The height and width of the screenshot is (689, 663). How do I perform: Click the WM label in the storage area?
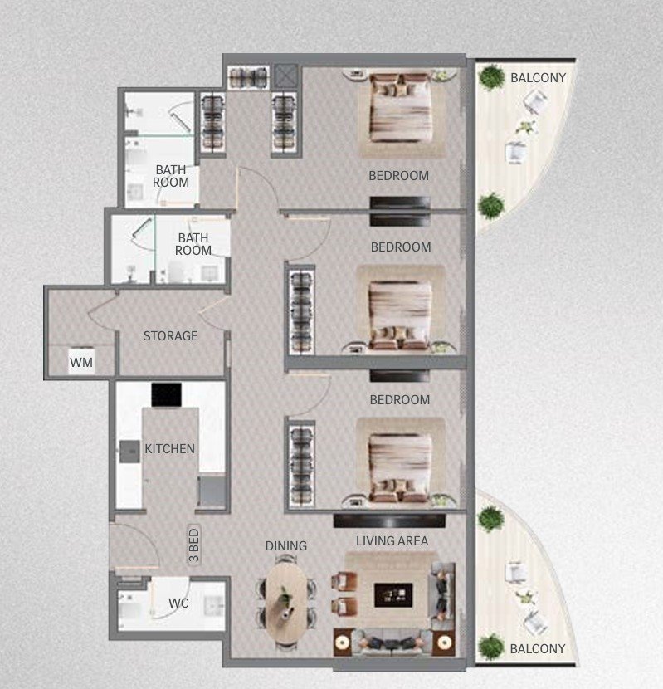point(80,362)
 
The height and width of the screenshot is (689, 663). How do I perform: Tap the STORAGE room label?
point(170,336)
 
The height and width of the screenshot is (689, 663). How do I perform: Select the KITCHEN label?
point(169,449)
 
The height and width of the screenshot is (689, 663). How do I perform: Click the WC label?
point(179,603)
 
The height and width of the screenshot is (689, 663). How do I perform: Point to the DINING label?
point(286,545)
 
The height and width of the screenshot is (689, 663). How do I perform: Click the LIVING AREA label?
point(392,541)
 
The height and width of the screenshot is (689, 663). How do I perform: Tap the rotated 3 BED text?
point(194,548)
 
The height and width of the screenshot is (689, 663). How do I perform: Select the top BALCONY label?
point(538,78)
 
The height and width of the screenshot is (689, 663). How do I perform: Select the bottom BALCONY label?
point(538,649)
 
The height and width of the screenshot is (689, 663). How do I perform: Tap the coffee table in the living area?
point(392,594)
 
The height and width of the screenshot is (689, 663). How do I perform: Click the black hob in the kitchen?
point(166,395)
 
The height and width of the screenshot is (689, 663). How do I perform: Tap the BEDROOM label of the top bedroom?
point(399,176)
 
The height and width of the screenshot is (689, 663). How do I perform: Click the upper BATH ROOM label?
point(171,176)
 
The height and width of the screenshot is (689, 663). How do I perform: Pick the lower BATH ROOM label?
point(193,244)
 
